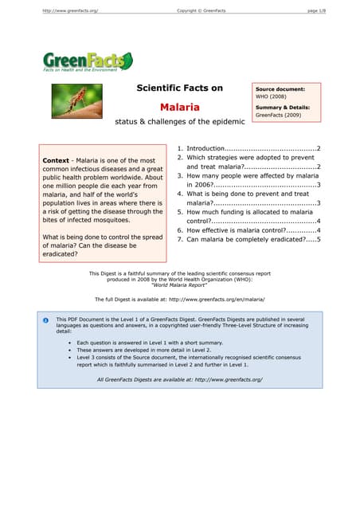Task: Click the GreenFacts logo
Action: click(87, 61)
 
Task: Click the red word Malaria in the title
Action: click(180, 106)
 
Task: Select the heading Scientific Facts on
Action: click(180, 88)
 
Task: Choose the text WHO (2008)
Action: click(272, 96)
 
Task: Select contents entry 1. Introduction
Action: click(248, 148)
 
